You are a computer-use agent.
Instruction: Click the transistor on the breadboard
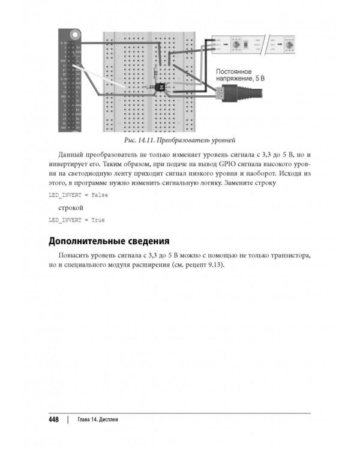pos(160,88)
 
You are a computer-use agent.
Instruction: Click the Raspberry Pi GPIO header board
pos(71,80)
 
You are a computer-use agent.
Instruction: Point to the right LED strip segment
pos(284,45)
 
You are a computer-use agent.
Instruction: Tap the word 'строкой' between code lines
pos(71,208)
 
